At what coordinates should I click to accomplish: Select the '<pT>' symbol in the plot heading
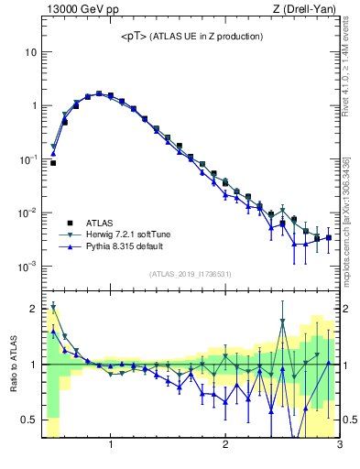pos(133,37)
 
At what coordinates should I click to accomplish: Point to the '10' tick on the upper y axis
pos(30,52)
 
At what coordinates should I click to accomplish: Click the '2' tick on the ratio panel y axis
pos(33,309)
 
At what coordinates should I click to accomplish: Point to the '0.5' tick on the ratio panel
pos(29,420)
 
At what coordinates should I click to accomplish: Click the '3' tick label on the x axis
pos(339,446)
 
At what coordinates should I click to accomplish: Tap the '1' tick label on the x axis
pos(111,446)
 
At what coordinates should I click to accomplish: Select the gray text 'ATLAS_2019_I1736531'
pos(190,274)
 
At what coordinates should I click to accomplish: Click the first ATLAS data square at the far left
pos(53,163)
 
